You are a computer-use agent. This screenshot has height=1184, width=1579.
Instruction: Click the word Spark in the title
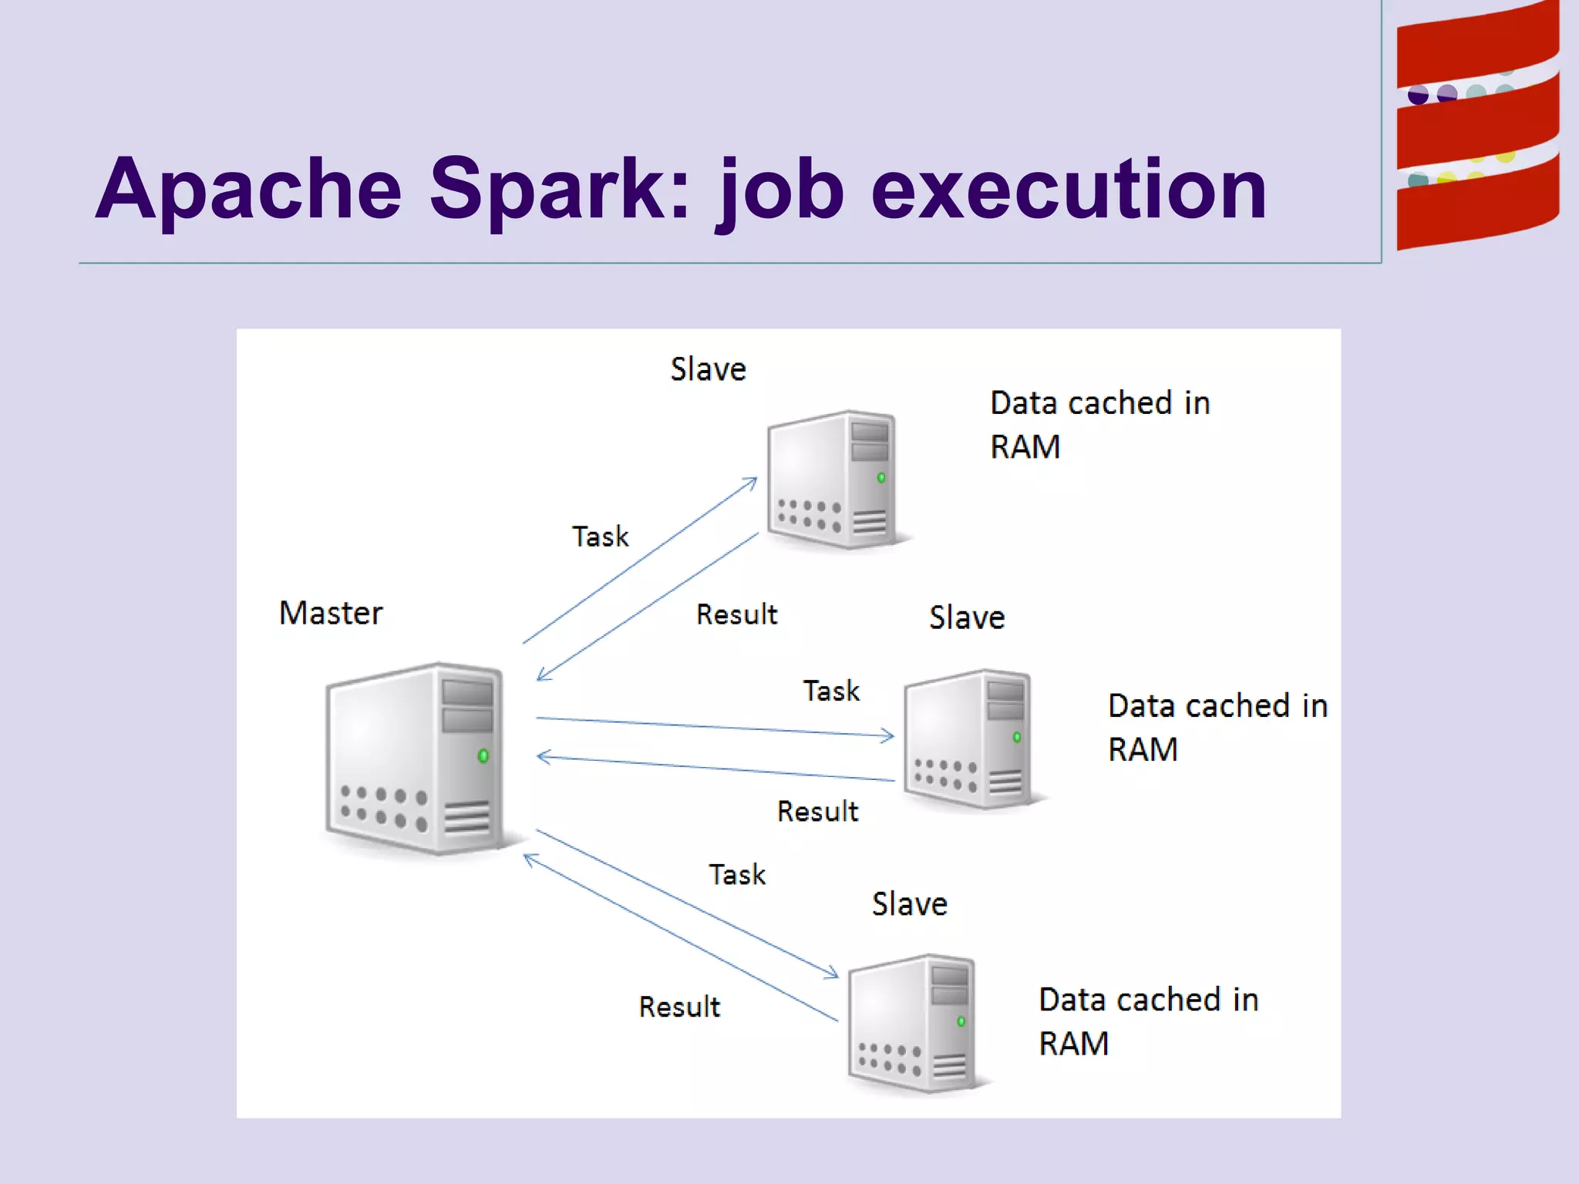[x=559, y=189]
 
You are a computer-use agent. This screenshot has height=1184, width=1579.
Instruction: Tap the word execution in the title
[x=1069, y=189]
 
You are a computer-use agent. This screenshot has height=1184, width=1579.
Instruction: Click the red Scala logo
[x=1477, y=127]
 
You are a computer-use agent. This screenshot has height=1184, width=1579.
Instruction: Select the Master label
[x=331, y=614]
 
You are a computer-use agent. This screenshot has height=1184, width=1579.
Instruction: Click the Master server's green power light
[x=483, y=755]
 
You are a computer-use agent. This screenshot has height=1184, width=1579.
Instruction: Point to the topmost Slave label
[x=708, y=369]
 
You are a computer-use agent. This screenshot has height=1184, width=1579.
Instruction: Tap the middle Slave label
[x=967, y=617]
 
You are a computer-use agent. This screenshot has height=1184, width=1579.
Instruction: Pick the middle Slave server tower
[x=969, y=738]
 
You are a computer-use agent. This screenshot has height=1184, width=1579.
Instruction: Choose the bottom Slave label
[x=910, y=904]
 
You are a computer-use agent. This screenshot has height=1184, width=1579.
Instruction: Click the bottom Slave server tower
[x=913, y=1023]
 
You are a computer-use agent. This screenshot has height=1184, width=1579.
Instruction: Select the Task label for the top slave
[x=600, y=536]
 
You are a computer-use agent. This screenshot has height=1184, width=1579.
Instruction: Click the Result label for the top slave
[x=736, y=615]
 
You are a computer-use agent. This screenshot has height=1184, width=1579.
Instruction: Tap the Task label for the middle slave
[x=831, y=691]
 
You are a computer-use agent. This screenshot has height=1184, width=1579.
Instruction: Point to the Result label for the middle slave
[x=817, y=812]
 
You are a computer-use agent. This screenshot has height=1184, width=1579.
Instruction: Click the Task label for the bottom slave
[x=737, y=875]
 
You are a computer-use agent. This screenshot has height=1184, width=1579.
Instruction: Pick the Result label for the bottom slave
[x=679, y=1007]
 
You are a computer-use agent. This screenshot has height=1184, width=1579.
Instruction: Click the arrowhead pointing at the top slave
[x=752, y=482]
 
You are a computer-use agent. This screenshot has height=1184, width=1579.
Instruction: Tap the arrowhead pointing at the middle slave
[x=889, y=736]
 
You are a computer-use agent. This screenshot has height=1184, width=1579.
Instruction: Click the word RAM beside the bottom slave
[x=1073, y=1044]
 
